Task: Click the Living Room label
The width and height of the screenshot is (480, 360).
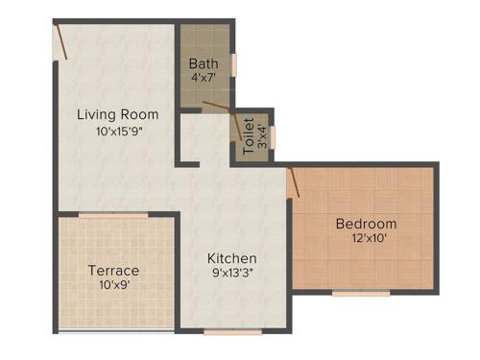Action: tap(116, 114)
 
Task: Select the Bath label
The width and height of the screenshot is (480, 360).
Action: tap(203, 64)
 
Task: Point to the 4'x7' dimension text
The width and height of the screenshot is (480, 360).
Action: tap(203, 79)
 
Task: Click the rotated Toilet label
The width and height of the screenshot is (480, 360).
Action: tap(249, 135)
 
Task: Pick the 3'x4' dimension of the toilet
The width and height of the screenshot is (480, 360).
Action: tap(261, 135)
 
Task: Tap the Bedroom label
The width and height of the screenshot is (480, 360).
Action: tap(366, 225)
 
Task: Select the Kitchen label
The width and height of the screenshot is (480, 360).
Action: tap(232, 258)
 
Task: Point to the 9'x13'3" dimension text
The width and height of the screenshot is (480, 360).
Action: tap(232, 273)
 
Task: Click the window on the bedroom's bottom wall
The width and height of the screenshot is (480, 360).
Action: tap(361, 294)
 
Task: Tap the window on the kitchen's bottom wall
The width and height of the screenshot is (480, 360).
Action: tap(232, 331)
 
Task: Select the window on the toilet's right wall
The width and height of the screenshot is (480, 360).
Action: tap(273, 135)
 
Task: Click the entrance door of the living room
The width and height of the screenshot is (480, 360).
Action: tap(60, 40)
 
